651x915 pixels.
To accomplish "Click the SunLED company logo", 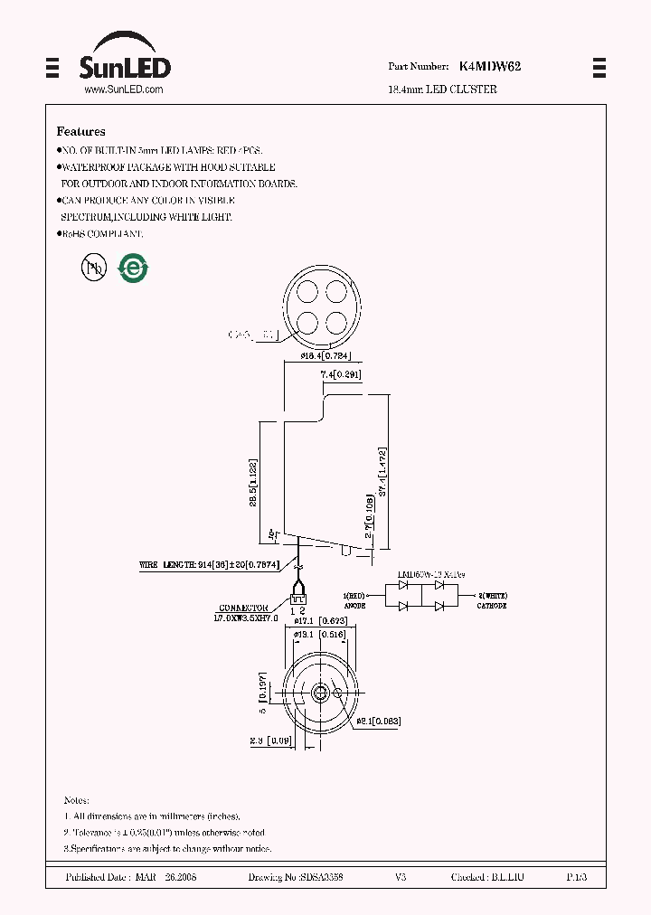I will click(x=125, y=59).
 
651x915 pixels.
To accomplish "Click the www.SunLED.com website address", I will click(x=123, y=90).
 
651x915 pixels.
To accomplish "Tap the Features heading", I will click(x=80, y=131).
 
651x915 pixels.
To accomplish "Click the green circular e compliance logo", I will click(x=135, y=267).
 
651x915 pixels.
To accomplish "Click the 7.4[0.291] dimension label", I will click(x=341, y=373).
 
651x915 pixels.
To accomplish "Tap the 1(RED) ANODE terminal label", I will click(x=355, y=600).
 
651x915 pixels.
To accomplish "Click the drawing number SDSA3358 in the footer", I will click(x=295, y=878).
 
